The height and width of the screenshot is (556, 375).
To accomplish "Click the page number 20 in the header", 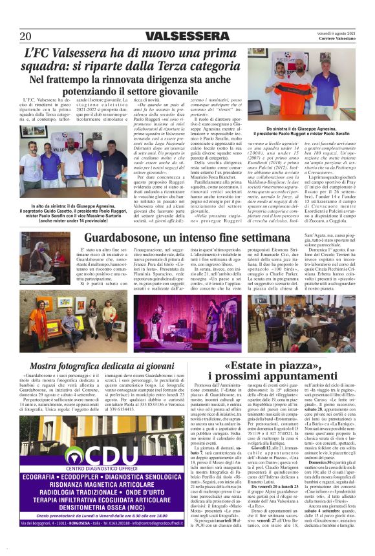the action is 25,36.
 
